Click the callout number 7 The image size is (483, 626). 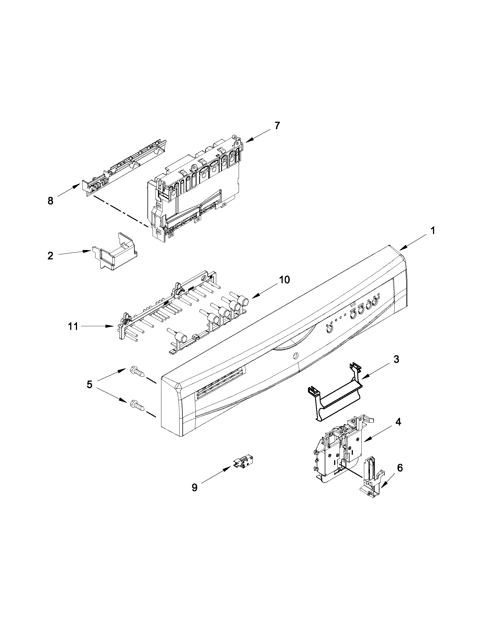[277, 125]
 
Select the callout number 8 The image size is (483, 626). [50, 201]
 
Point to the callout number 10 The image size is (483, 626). [284, 280]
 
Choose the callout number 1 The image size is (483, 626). [433, 231]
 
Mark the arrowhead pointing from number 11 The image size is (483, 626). [112, 326]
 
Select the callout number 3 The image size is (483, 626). [396, 359]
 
